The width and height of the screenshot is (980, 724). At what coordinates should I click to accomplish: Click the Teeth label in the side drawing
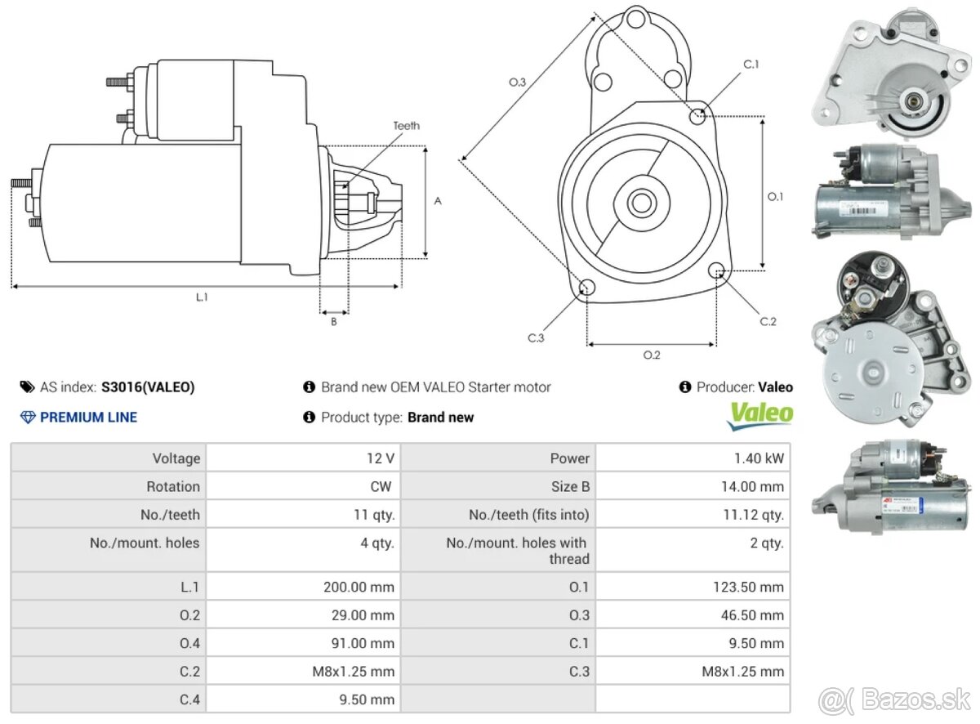coord(406,126)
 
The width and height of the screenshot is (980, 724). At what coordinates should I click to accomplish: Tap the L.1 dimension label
coord(202,298)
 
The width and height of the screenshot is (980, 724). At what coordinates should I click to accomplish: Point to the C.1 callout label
coord(751,64)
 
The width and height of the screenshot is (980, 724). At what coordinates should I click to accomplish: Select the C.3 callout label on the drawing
coord(536,338)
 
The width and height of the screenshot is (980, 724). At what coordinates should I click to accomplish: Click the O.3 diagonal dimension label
coord(517,82)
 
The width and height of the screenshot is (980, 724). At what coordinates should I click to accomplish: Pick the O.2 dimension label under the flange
coord(651,355)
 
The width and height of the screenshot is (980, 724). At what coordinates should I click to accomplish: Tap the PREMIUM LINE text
coord(88,418)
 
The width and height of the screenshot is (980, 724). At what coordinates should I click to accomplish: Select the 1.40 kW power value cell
coord(759,458)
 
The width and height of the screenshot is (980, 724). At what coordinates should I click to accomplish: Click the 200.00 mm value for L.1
coord(359,587)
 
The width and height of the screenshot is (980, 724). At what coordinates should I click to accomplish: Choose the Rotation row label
coord(173,487)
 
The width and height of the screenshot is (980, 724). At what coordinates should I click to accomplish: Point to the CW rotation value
coord(381,487)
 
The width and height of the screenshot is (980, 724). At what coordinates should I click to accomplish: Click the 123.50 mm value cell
coord(748,587)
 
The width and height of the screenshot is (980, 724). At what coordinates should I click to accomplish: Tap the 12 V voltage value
coord(381,458)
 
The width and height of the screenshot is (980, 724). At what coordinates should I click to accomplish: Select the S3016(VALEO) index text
coord(148,387)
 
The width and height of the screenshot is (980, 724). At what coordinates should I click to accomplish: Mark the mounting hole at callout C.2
coord(717,270)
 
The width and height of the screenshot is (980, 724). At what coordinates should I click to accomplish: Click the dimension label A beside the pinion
coord(438,201)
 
